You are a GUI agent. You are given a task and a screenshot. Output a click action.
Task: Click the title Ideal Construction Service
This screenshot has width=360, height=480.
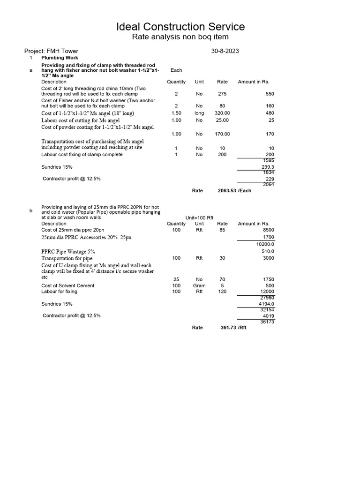[180, 27]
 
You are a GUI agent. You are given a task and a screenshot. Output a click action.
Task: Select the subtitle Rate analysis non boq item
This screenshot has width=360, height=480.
[180, 37]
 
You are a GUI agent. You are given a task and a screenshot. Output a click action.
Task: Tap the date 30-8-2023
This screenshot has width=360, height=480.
[225, 51]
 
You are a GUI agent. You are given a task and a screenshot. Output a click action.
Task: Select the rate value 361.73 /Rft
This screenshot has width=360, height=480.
[233, 328]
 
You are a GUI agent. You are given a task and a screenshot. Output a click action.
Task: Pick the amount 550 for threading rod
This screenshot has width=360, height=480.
[270, 94]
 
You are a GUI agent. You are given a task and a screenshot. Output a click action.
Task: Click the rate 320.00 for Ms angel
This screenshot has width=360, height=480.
[222, 113]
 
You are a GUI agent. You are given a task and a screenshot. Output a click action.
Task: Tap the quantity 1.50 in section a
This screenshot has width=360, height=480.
[176, 113]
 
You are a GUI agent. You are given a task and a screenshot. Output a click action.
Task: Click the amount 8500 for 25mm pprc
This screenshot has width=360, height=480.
[268, 230]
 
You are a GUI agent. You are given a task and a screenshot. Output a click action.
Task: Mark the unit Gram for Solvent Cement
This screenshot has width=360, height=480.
[199, 285]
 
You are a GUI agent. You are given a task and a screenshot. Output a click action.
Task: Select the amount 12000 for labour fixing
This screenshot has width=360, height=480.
[267, 292]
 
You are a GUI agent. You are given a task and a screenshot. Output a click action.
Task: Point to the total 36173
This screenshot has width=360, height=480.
[267, 322]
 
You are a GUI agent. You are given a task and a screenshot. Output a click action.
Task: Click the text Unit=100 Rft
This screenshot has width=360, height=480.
[199, 218]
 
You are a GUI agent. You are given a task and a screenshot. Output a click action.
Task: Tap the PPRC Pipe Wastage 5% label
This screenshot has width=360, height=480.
[68, 252]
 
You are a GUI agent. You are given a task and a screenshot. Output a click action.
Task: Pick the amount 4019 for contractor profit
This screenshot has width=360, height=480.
[268, 316]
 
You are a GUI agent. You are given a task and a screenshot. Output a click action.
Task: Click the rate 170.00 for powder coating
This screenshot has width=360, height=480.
[222, 134]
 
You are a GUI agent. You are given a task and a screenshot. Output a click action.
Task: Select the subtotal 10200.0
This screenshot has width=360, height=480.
[265, 244]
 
